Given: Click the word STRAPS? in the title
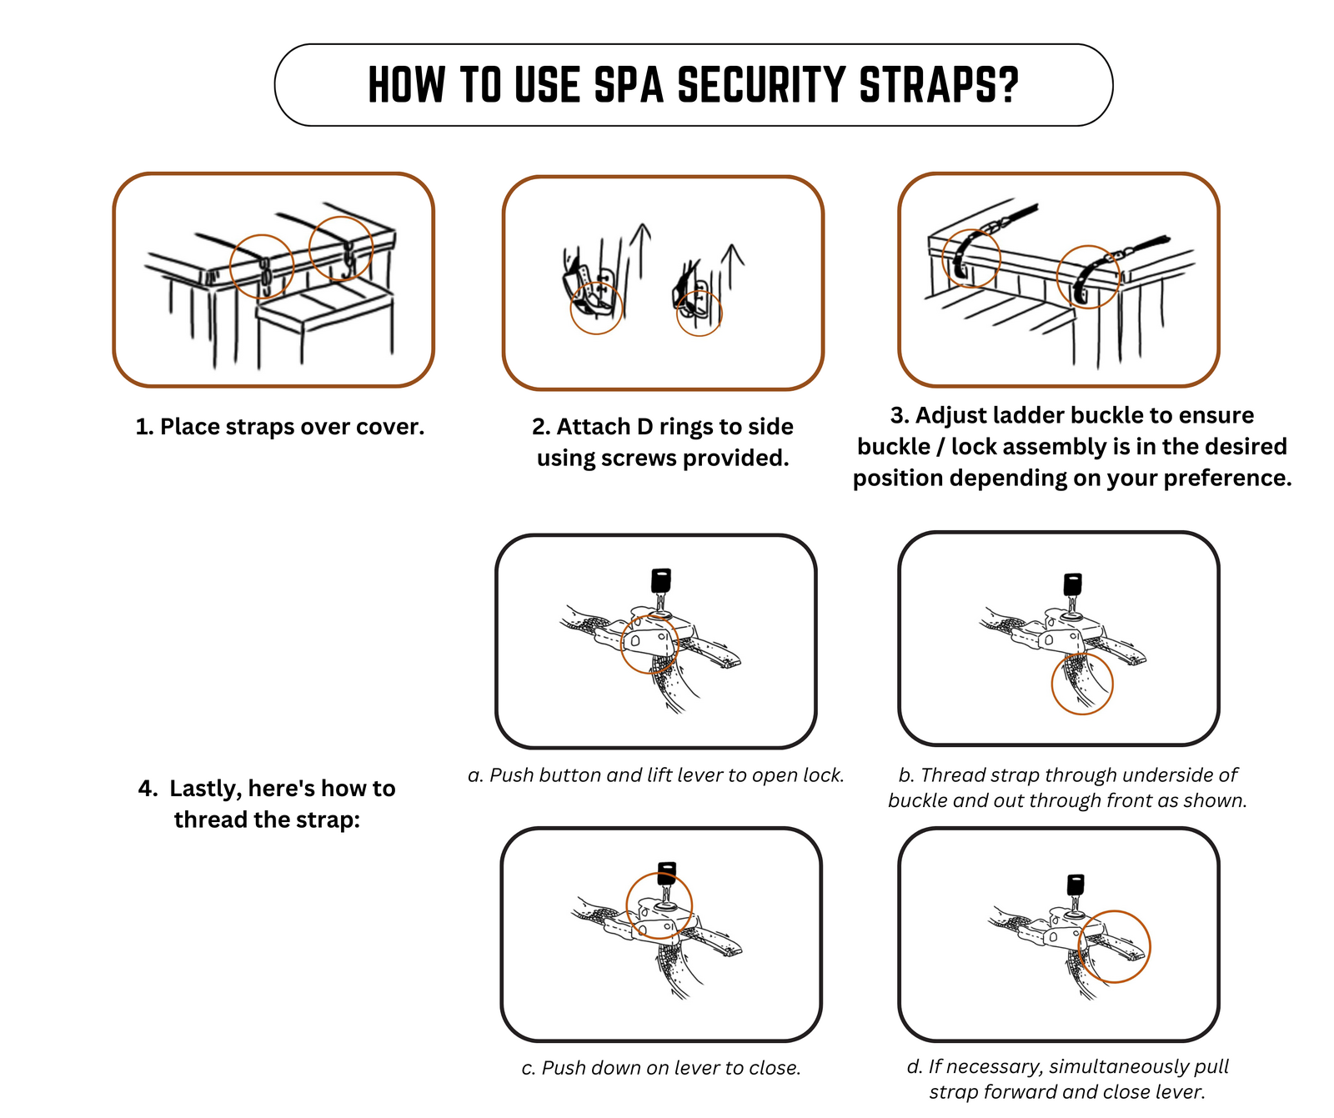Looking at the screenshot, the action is click(x=939, y=85).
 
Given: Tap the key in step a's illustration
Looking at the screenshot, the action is click(x=660, y=590).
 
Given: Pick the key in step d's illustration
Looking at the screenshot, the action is click(x=1076, y=893).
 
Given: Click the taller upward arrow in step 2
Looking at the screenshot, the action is click(x=640, y=250).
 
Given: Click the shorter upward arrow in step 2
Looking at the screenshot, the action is click(x=731, y=266).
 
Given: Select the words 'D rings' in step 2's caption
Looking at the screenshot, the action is click(x=673, y=427).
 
